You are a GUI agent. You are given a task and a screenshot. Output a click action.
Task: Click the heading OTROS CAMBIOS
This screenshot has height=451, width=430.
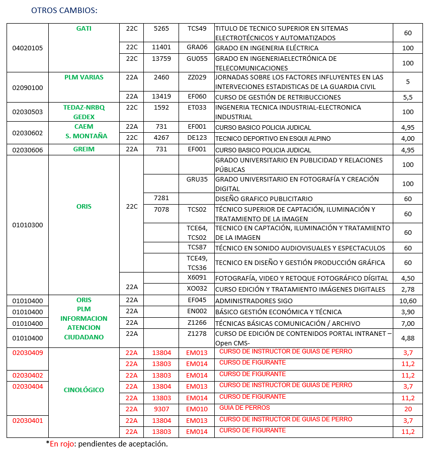pos(64,10)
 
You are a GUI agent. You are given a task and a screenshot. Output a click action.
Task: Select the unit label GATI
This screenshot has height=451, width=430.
pos(83,29)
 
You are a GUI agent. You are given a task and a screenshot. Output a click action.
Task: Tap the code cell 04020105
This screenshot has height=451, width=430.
pos(28,48)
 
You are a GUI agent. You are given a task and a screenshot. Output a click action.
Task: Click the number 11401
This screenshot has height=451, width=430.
pos(161,48)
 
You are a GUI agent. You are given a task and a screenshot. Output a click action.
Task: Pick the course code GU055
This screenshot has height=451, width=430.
pos(197,58)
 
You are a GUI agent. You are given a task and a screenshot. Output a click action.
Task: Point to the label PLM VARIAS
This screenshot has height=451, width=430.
pos(83,77)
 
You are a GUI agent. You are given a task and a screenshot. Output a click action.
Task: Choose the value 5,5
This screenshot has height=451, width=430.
pos(408,97)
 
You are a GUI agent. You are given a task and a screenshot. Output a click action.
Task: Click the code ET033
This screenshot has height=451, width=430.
pos(197,107)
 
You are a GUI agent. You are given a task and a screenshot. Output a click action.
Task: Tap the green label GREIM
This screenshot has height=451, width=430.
pos(83,149)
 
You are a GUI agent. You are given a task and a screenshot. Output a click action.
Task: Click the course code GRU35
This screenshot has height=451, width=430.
pos(197,179)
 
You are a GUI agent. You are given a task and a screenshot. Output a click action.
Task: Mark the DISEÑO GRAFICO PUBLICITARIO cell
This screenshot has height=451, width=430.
pos(264,199)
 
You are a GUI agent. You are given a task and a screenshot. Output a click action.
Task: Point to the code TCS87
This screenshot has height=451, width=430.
pos(197,247)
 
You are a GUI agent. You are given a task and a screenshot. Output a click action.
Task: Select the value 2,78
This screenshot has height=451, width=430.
pos(408,289)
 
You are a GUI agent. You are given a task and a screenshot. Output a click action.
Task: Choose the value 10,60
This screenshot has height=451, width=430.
pos(408,301)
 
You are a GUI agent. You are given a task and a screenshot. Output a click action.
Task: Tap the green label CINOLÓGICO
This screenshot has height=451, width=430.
pos(83,390)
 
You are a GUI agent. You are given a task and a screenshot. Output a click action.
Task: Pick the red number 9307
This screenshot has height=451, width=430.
pos(161,409)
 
